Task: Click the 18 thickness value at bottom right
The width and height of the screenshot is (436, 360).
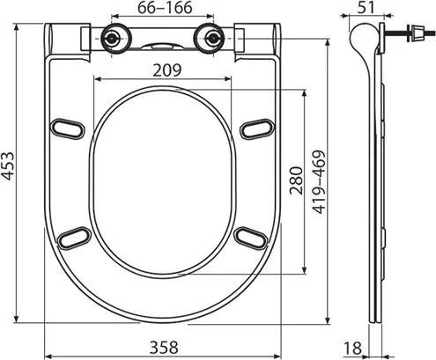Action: click(x=354, y=347)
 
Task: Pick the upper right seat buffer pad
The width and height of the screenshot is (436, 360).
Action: click(x=255, y=127)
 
